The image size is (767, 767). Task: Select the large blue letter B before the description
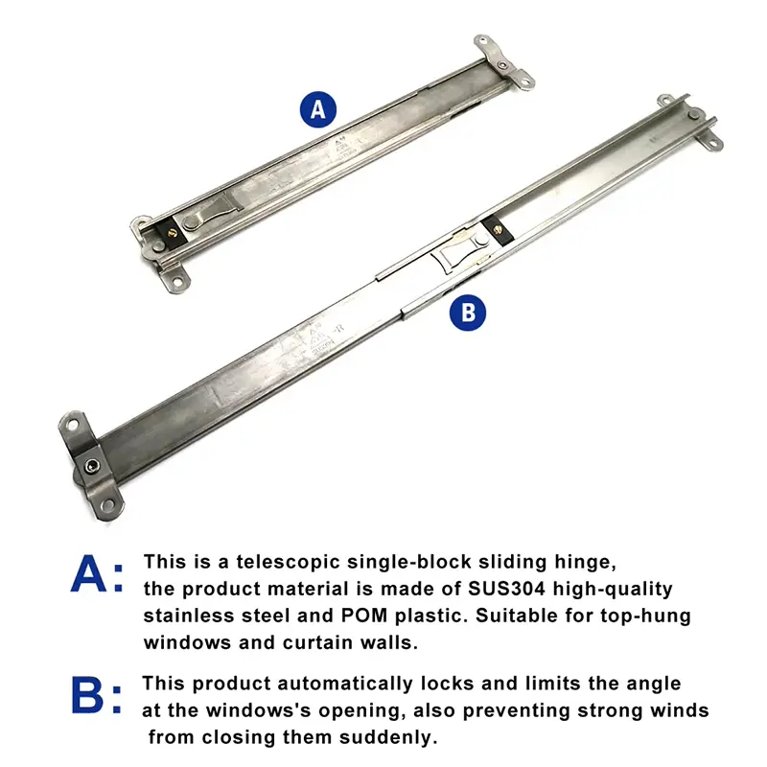[88, 696]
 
